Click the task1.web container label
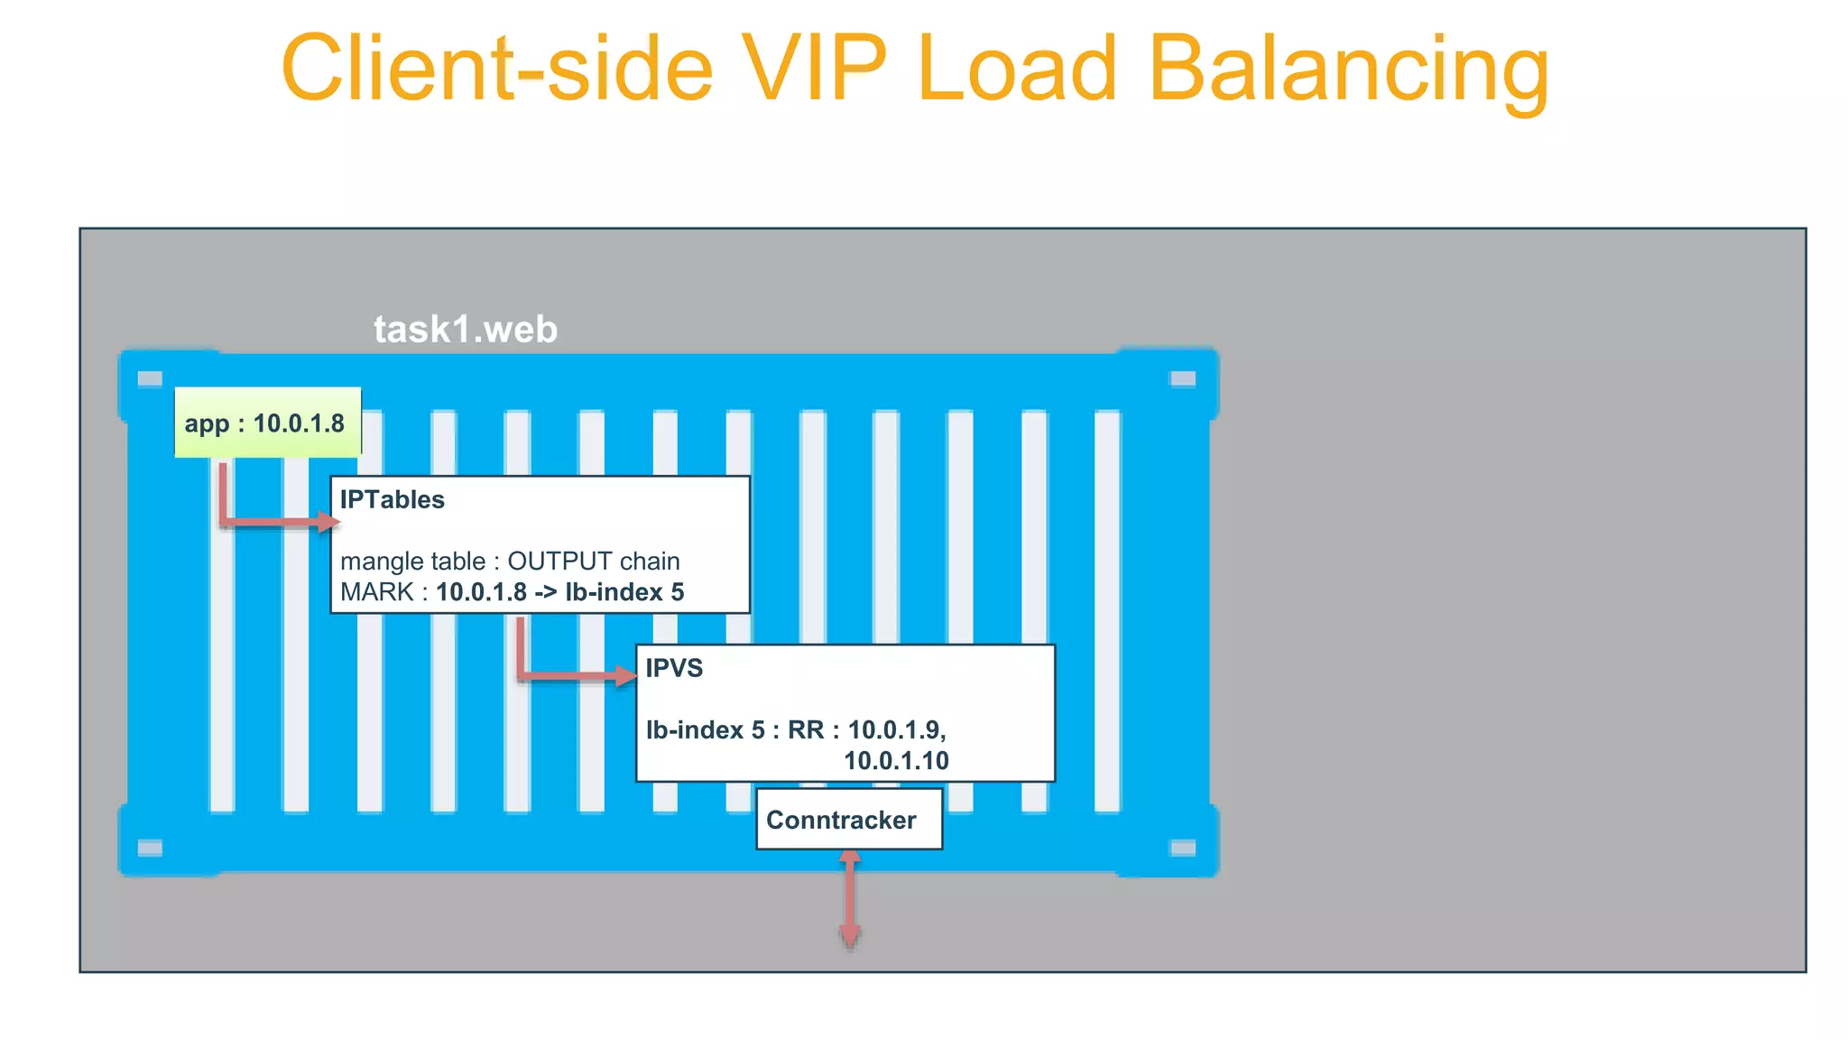[466, 330]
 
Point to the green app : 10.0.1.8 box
[267, 422]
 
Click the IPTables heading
[392, 500]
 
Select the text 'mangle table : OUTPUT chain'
[510, 562]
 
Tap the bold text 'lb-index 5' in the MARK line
[624, 593]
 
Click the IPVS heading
[674, 668]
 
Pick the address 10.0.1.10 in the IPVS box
[896, 761]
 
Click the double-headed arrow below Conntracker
[849, 898]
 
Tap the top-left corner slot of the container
[150, 378]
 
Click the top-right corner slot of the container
[1183, 378]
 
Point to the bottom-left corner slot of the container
[150, 848]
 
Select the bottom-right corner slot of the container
[1183, 848]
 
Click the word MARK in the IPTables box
[377, 593]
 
